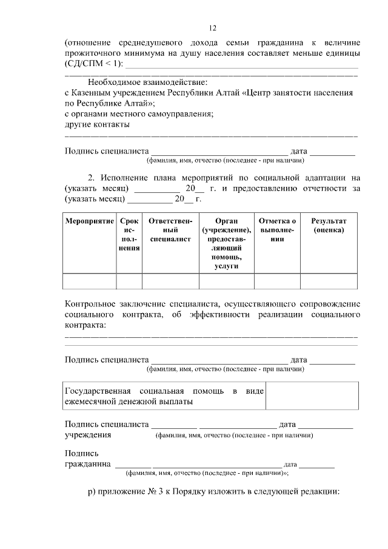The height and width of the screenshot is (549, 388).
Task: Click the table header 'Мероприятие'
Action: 90,222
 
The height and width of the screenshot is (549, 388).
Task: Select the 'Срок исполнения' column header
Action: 129,235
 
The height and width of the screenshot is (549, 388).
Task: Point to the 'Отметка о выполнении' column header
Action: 277,231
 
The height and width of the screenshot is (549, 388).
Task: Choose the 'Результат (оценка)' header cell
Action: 329,226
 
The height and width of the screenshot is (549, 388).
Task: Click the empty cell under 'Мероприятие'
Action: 90,281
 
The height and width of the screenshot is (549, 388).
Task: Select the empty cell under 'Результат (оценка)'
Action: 329,281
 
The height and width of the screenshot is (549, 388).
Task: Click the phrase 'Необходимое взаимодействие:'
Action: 148,82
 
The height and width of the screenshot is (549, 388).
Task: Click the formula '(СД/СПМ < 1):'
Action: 93,63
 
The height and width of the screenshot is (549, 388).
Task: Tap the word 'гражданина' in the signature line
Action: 88,464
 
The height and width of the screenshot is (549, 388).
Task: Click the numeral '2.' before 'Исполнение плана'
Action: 92,178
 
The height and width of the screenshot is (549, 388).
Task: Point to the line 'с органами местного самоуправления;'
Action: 139,113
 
